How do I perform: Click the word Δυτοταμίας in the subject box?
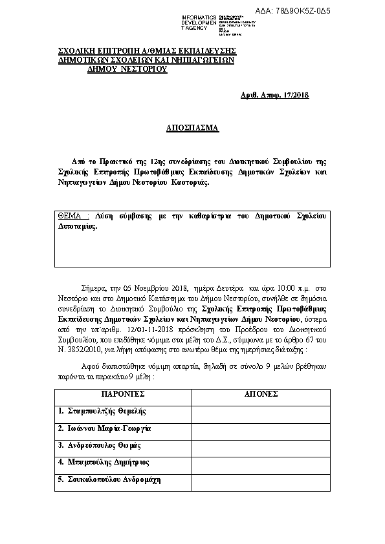77,227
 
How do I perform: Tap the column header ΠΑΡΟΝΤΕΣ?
122,393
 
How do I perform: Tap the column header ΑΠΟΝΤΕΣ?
261,393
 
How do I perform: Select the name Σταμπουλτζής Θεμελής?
102,411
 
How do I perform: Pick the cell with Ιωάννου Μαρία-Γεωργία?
104,428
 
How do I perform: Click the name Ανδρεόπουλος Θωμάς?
100,446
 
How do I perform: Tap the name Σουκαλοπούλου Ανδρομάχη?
109,480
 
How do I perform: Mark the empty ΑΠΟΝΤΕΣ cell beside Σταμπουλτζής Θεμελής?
261,411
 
